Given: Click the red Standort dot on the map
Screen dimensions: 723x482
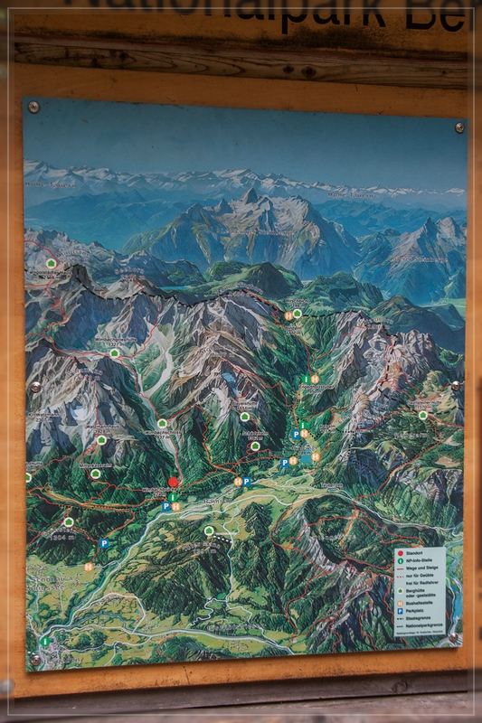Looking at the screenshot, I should point(173,482).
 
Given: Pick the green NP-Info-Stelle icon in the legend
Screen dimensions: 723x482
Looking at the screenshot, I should point(400,560).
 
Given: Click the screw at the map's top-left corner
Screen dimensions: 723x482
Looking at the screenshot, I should point(33,107).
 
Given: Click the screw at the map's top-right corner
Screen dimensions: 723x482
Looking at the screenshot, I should point(458,127).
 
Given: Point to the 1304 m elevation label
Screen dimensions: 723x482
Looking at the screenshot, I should point(60,537).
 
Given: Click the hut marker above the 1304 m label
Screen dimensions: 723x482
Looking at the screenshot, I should point(69,522).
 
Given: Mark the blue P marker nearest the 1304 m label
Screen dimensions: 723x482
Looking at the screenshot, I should point(105,543).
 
